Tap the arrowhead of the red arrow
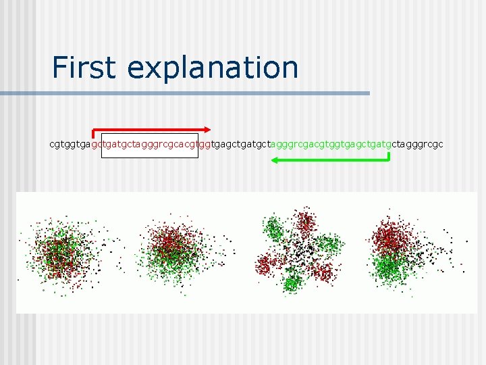208,129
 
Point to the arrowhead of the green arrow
275,160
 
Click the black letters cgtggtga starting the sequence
70,144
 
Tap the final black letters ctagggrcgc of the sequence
417,144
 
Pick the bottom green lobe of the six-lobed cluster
292,282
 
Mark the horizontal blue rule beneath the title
202,93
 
